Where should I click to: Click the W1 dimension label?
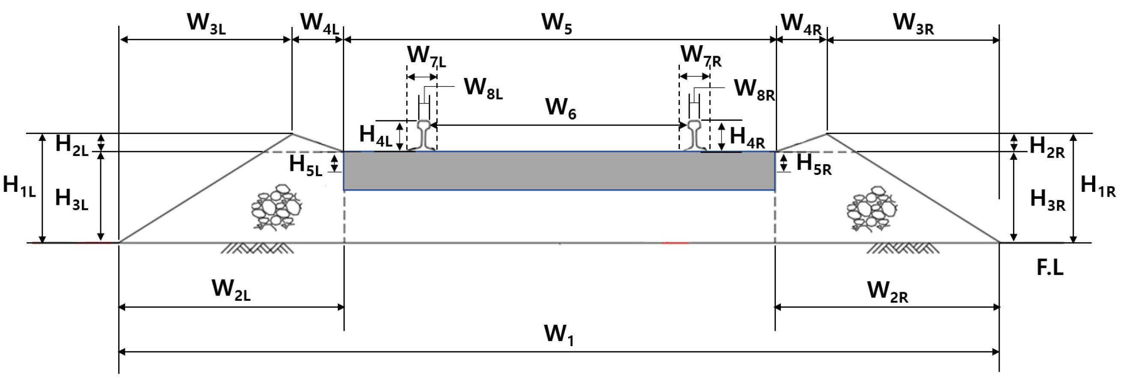coord(558,335)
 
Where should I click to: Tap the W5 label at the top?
coord(556,23)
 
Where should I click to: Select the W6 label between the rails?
coord(560,108)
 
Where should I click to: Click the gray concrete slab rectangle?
coord(559,171)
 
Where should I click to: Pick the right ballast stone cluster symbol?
coord(871,209)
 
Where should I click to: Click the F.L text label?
coord(1050,268)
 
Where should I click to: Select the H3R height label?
coord(1047,200)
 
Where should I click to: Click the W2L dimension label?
coord(231,290)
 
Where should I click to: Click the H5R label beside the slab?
coord(813,165)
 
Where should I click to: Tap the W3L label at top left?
coord(206,23)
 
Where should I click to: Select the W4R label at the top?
coord(801,24)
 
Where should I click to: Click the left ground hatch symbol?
coord(257,248)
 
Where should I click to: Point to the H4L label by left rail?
coord(375,135)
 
